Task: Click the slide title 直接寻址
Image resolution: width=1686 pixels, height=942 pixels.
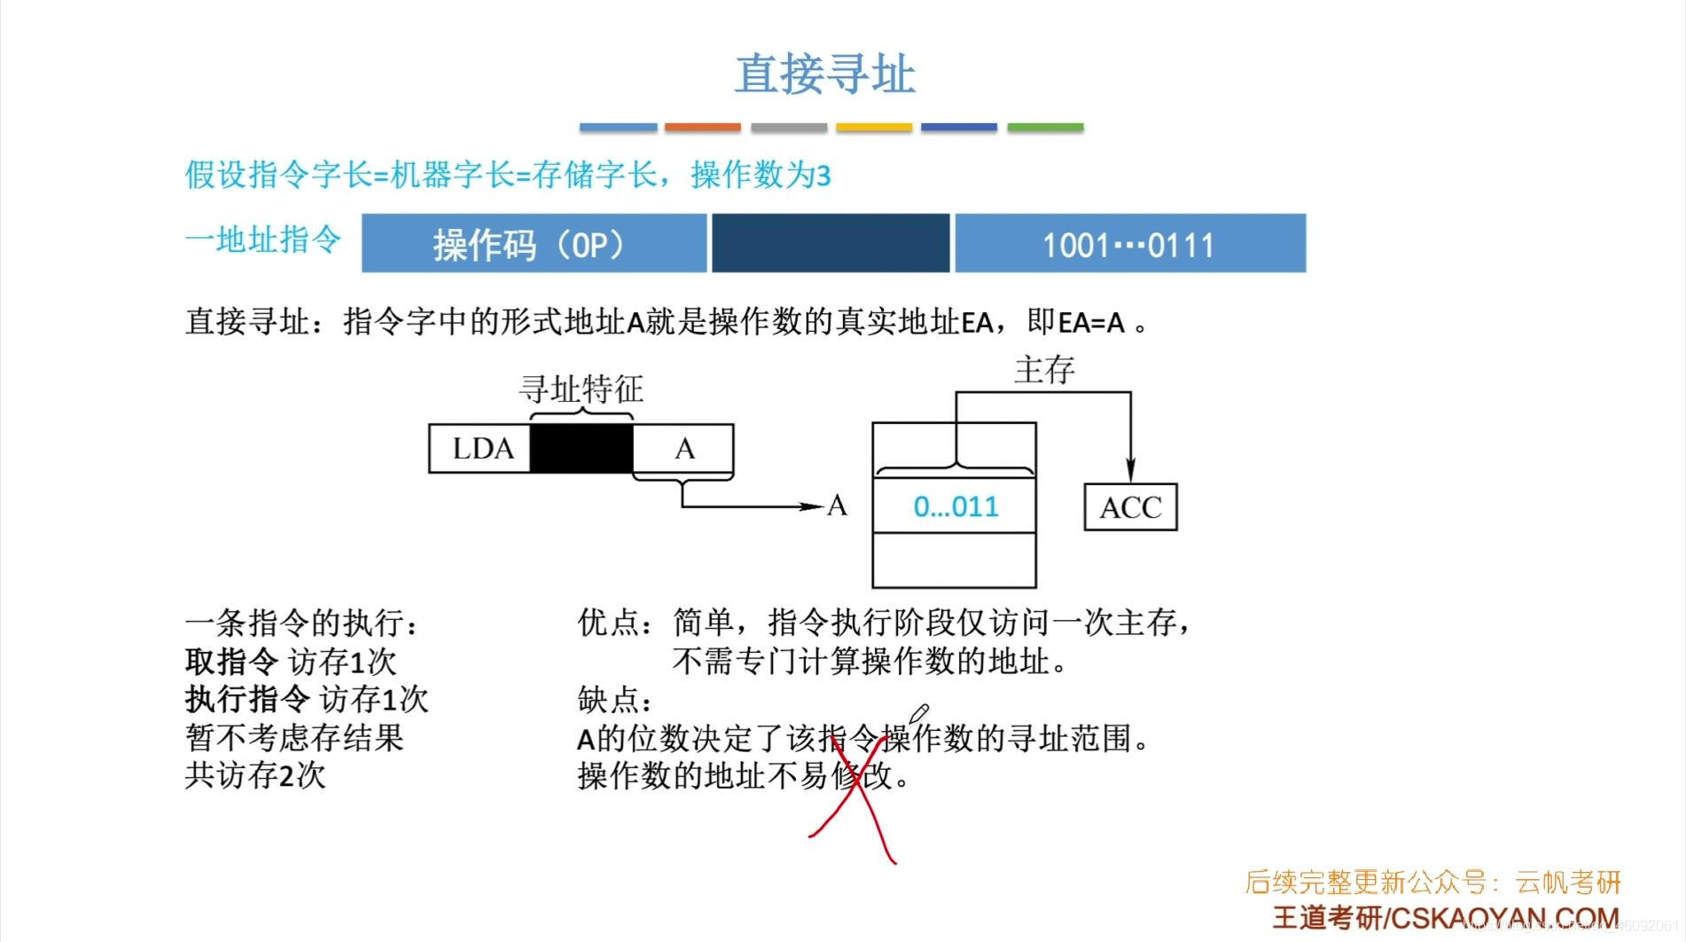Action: click(824, 74)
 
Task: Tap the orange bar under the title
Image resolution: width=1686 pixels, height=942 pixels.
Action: click(702, 128)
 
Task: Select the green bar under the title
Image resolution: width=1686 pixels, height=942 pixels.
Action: click(1045, 128)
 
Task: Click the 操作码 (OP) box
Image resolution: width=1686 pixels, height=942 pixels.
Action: click(534, 243)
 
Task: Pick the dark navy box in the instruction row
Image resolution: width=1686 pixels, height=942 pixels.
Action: click(831, 243)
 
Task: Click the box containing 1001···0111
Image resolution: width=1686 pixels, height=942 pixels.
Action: click(1129, 243)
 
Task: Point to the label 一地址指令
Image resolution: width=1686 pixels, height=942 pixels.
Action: click(263, 239)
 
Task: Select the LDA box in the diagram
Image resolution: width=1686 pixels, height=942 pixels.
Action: click(480, 449)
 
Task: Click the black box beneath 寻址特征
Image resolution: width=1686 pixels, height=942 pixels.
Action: click(582, 449)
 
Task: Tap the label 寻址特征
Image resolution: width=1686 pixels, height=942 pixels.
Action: click(582, 389)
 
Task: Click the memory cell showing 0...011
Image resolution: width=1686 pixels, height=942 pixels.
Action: click(955, 506)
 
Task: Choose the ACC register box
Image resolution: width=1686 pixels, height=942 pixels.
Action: click(1130, 507)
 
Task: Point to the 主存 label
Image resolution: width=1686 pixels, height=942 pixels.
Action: click(1044, 370)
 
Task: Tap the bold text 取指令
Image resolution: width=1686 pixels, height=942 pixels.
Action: click(231, 662)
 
